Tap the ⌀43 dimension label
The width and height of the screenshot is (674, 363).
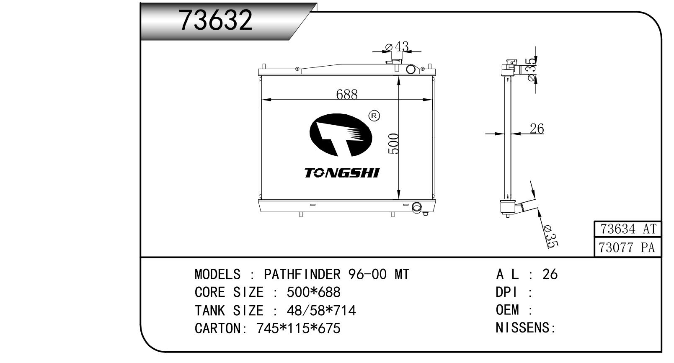[397, 46]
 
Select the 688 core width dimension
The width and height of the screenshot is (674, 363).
[346, 95]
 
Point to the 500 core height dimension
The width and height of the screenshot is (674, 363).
[393, 144]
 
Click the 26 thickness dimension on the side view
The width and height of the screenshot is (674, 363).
[537, 129]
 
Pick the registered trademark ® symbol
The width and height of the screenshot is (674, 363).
[374, 116]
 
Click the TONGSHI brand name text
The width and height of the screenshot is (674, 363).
[342, 173]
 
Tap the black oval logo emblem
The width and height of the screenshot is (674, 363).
[341, 135]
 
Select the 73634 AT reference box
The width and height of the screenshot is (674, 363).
[628, 229]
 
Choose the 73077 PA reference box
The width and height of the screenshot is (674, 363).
[628, 247]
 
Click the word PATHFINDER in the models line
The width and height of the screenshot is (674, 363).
[302, 274]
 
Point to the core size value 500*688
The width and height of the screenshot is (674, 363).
[313, 292]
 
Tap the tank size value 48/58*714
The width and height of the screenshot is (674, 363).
[321, 310]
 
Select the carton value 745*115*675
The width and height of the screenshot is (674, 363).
[298, 328]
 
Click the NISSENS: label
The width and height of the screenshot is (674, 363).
[525, 327]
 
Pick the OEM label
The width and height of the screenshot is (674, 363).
[507, 310]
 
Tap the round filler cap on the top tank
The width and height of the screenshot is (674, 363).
[411, 69]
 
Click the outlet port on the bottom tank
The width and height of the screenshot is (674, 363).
[417, 207]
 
